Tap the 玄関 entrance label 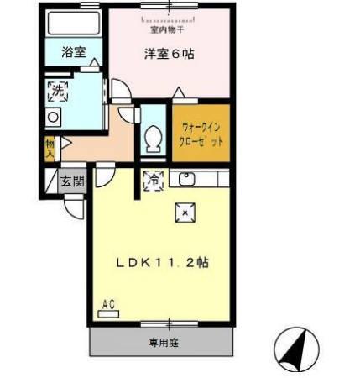click(72, 181)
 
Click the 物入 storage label click(50, 149)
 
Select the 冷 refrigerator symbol click(154, 178)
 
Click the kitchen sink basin click(187, 178)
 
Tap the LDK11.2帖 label click(162, 261)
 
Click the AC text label click(108, 304)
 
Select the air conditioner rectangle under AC click(108, 314)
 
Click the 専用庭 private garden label click(164, 343)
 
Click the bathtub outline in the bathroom click(72, 23)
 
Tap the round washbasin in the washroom click(52, 117)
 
